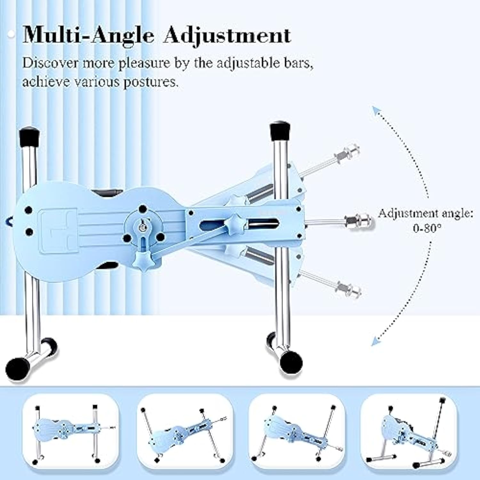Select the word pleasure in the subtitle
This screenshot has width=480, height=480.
(144, 63)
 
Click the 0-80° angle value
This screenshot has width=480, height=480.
(427, 228)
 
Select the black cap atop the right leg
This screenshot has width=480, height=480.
(280, 130)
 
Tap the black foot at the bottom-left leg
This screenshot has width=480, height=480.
(17, 369)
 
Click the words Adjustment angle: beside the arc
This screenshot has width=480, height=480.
(425, 213)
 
